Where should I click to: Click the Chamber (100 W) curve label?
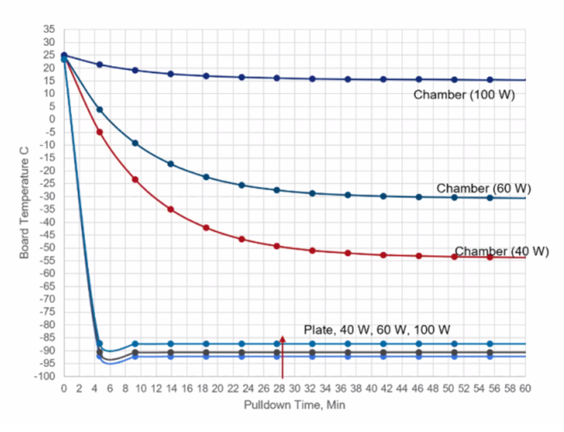pos(464,94)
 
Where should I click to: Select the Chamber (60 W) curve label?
pos(483,189)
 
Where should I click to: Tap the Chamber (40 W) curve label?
pos(501,251)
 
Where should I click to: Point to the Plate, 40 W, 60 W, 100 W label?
pos(377,329)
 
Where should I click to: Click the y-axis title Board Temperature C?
pos(24,202)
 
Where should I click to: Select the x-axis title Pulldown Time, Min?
pos(294,404)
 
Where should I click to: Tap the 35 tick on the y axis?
pos(50,29)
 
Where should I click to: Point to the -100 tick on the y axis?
pos(47,376)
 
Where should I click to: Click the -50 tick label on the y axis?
pos(48,248)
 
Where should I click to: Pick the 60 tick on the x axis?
pos(525,388)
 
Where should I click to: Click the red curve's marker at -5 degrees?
pos(100,132)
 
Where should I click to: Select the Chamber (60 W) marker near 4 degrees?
pos(100,109)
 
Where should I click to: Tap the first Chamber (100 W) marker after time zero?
pos(100,64)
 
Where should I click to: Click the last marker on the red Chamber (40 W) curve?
pos(489,257)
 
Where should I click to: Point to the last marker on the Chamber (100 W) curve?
pos(489,79)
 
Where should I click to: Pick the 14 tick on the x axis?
pos(172,388)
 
